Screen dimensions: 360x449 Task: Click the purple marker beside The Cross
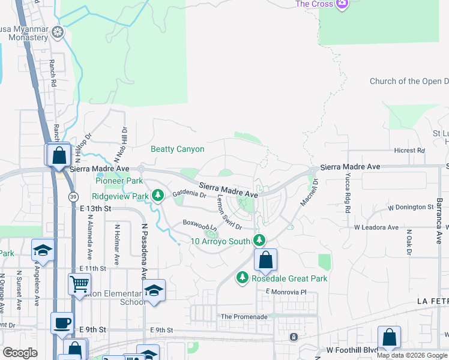(342, 4)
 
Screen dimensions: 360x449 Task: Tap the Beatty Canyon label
(178, 149)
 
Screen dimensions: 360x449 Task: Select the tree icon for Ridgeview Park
(158, 195)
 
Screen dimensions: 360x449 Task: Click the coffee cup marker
(62, 323)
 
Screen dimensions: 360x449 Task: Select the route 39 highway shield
(73, 197)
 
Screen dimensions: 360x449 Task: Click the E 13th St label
(96, 208)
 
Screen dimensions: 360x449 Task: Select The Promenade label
(244, 316)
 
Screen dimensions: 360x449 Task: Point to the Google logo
(20, 353)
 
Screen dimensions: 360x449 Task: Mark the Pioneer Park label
(119, 181)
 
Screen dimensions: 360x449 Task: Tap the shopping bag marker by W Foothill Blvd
(389, 337)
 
